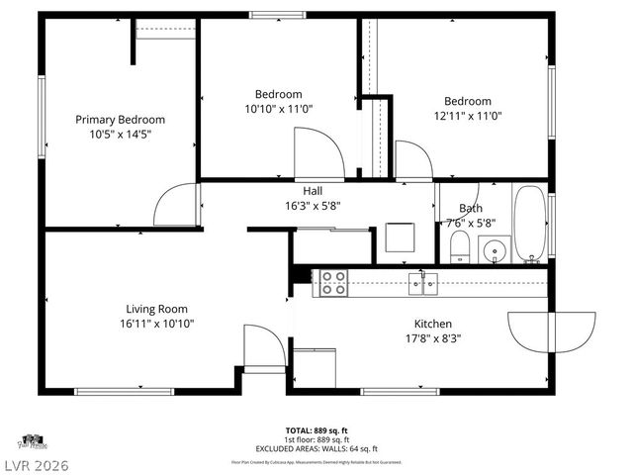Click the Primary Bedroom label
click(120, 119)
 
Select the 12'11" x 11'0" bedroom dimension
click(467, 115)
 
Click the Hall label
click(313, 191)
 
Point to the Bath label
click(471, 209)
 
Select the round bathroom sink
click(495, 252)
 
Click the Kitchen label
click(433, 324)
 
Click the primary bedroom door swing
click(176, 206)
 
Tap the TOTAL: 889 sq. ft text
click(316, 430)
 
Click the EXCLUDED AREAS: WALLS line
click(316, 448)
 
